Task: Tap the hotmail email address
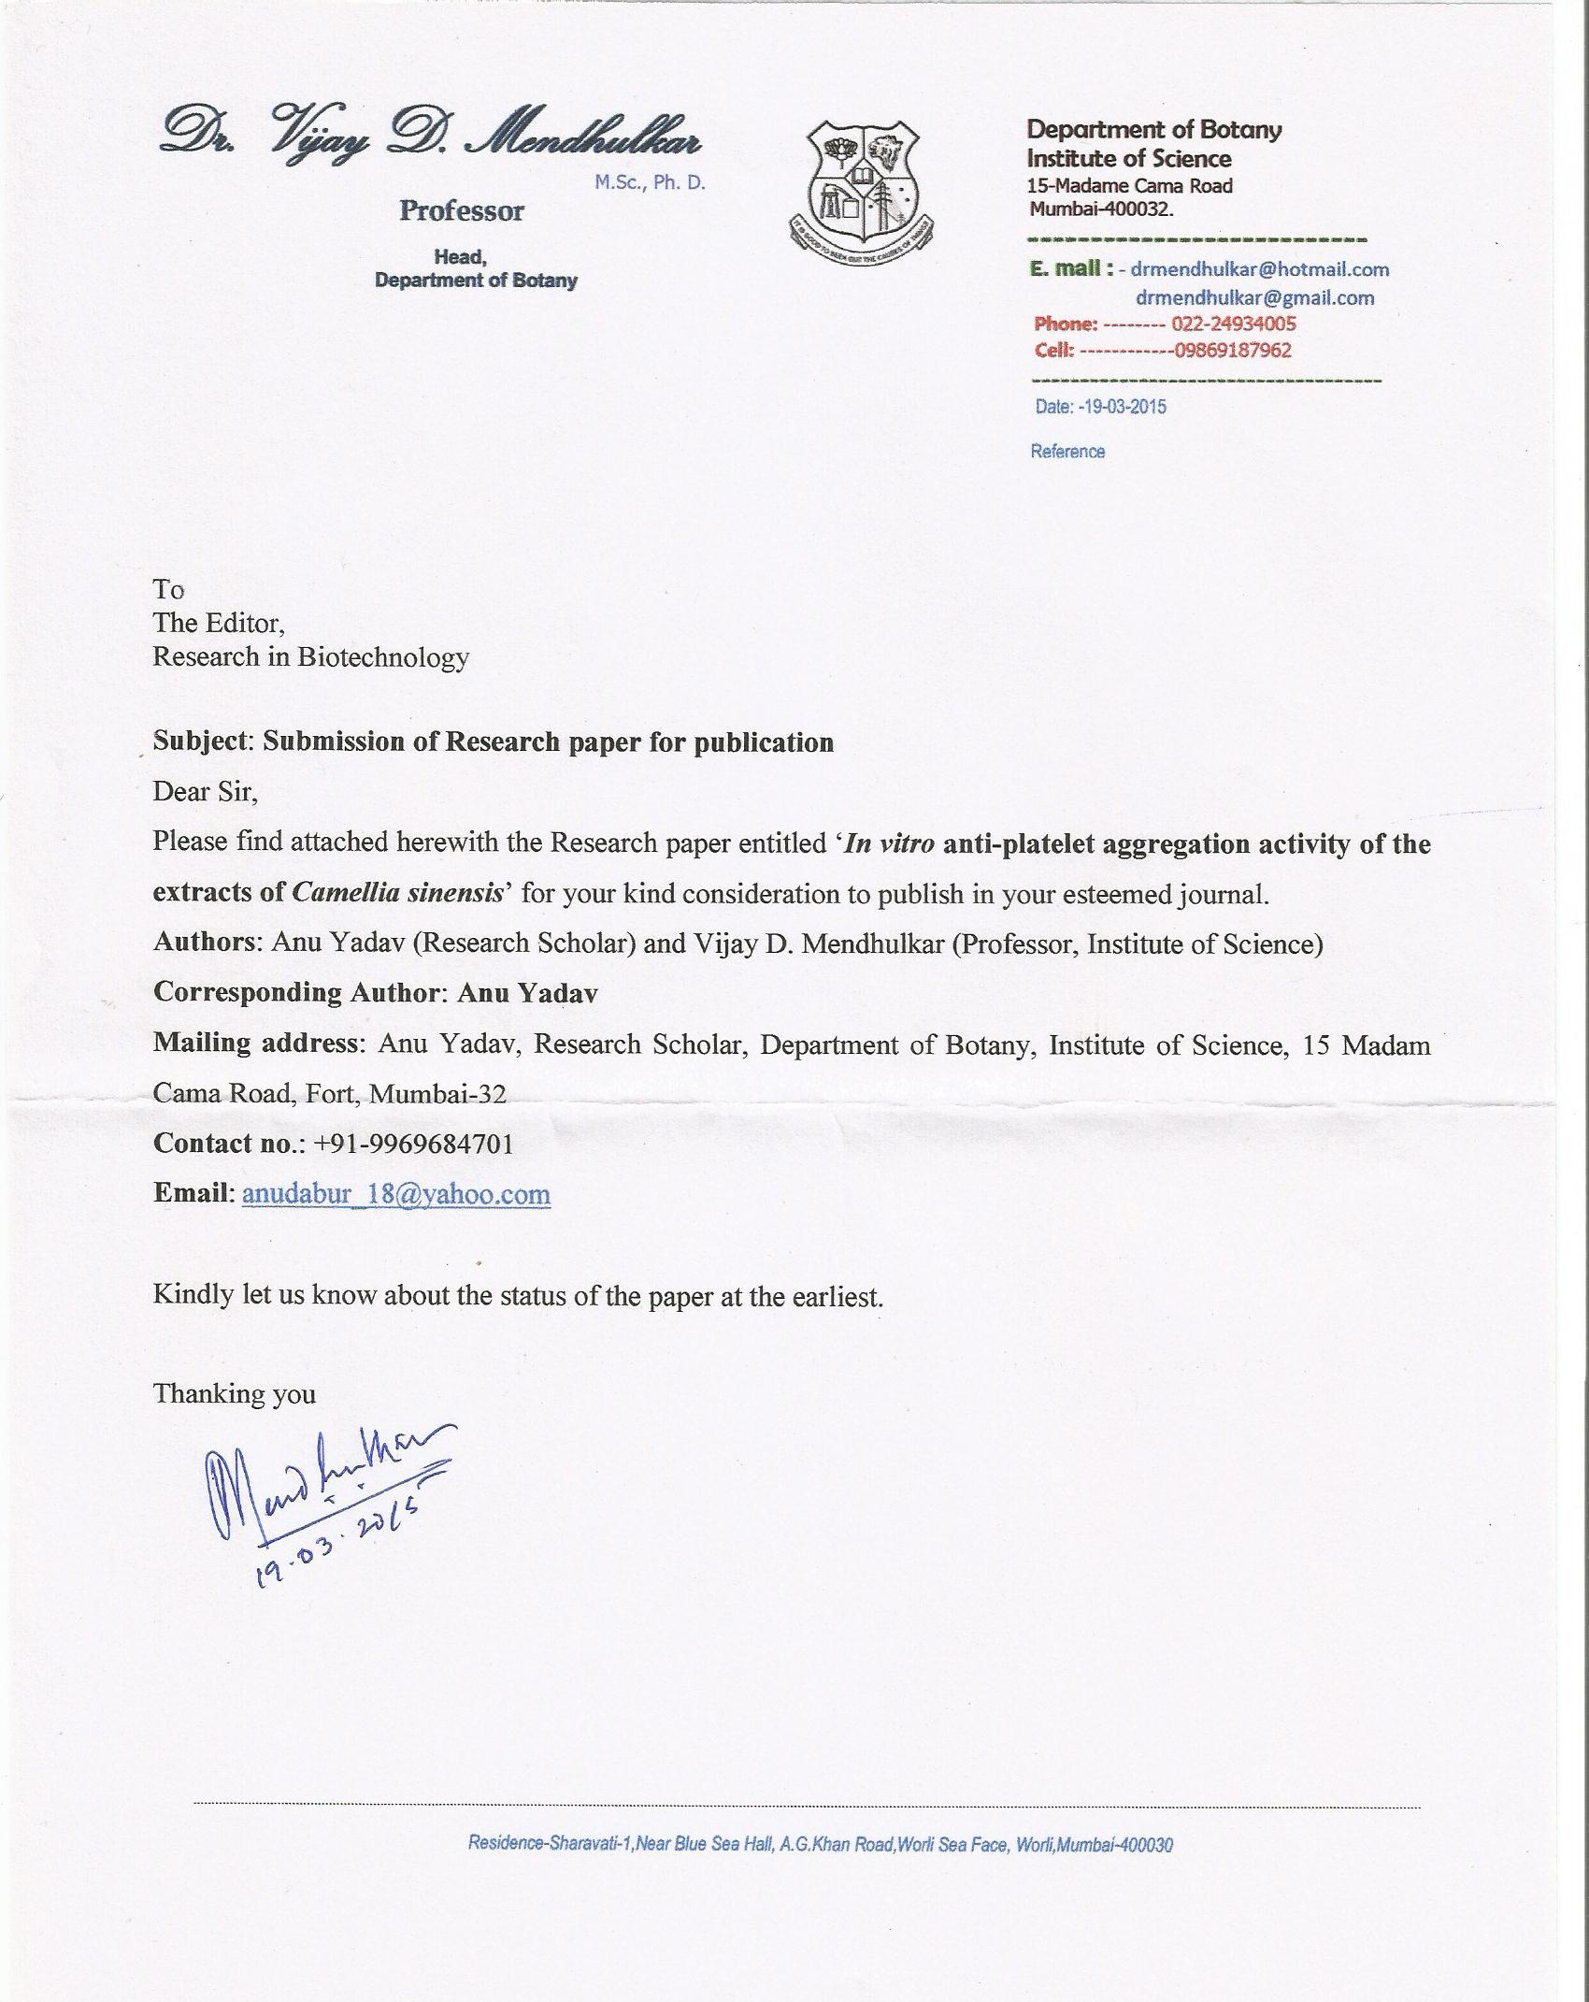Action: coord(1259,270)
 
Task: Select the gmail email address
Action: coord(1254,298)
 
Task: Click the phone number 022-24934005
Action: coord(1233,324)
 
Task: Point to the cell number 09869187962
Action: coord(1232,351)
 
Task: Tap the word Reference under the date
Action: coord(1067,452)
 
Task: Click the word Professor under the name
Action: coord(462,211)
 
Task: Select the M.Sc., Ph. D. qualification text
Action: coord(650,182)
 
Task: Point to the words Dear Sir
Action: coord(205,791)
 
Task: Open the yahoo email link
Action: coord(396,1194)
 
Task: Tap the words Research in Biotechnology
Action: coord(310,657)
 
